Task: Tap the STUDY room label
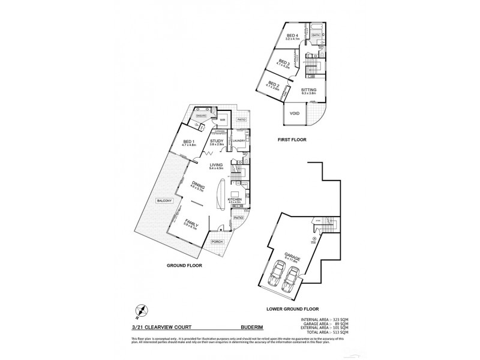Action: tap(217, 142)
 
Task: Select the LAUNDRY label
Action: tap(239, 140)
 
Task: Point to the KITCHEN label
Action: tap(234, 198)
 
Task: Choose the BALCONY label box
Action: tap(162, 200)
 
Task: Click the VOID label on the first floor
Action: tap(295, 113)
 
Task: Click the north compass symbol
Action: tap(142, 311)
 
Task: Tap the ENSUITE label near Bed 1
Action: tap(202, 116)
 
